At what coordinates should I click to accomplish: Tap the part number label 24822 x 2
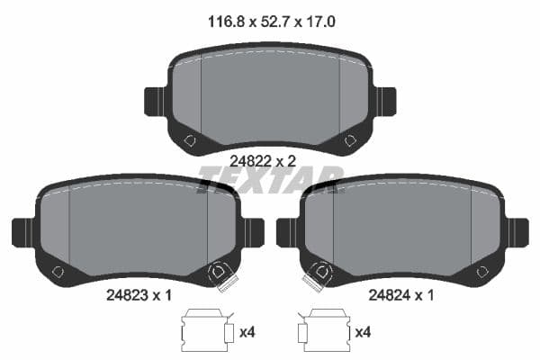click(x=263, y=160)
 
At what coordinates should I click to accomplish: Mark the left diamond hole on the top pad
click(x=189, y=140)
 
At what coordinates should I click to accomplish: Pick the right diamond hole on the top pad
click(x=350, y=140)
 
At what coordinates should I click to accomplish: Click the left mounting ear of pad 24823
click(x=22, y=231)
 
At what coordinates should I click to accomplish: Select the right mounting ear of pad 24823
click(x=253, y=231)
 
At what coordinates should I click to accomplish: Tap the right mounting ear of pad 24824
click(x=517, y=231)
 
